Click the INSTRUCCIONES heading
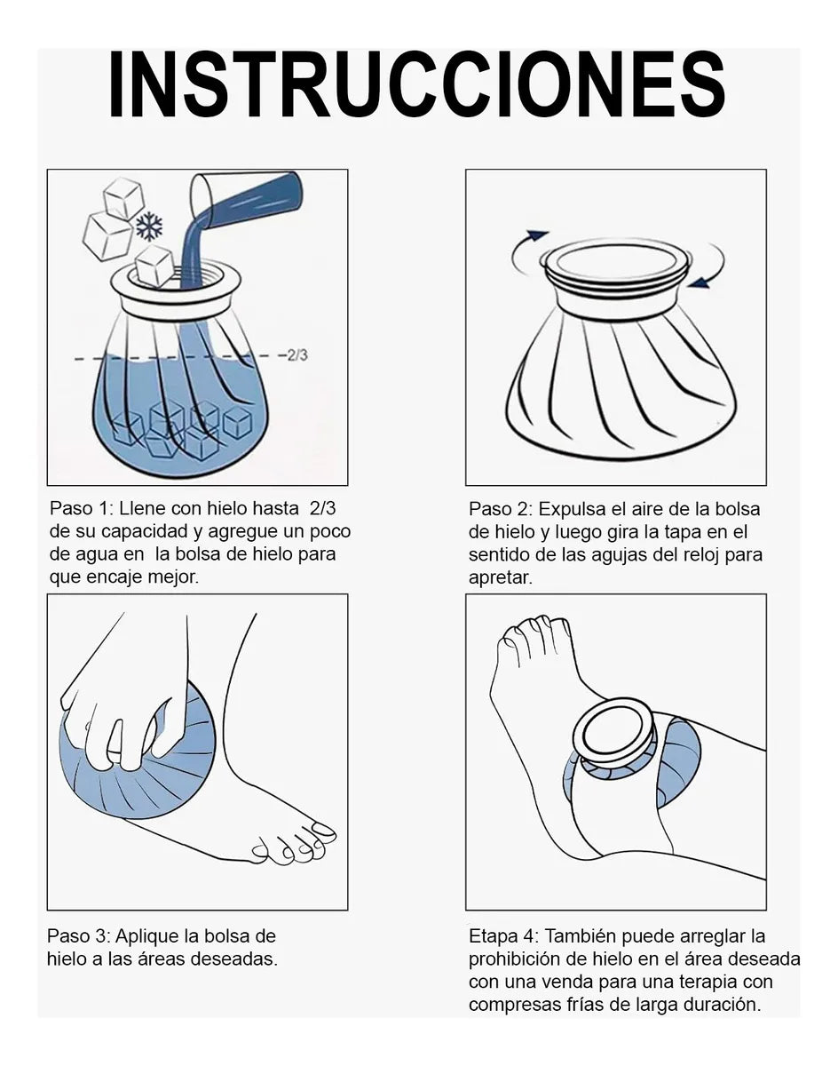coord(417,85)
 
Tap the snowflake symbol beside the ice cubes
coord(149,227)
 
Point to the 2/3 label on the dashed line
coord(296,355)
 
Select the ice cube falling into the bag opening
coord(155,266)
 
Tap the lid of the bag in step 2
coord(618,267)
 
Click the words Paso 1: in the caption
coord(81,510)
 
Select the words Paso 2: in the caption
coord(501,510)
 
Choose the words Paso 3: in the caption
coord(78,936)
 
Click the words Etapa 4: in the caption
coord(503,936)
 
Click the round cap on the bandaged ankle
coord(613,733)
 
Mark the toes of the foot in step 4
coord(533,635)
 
